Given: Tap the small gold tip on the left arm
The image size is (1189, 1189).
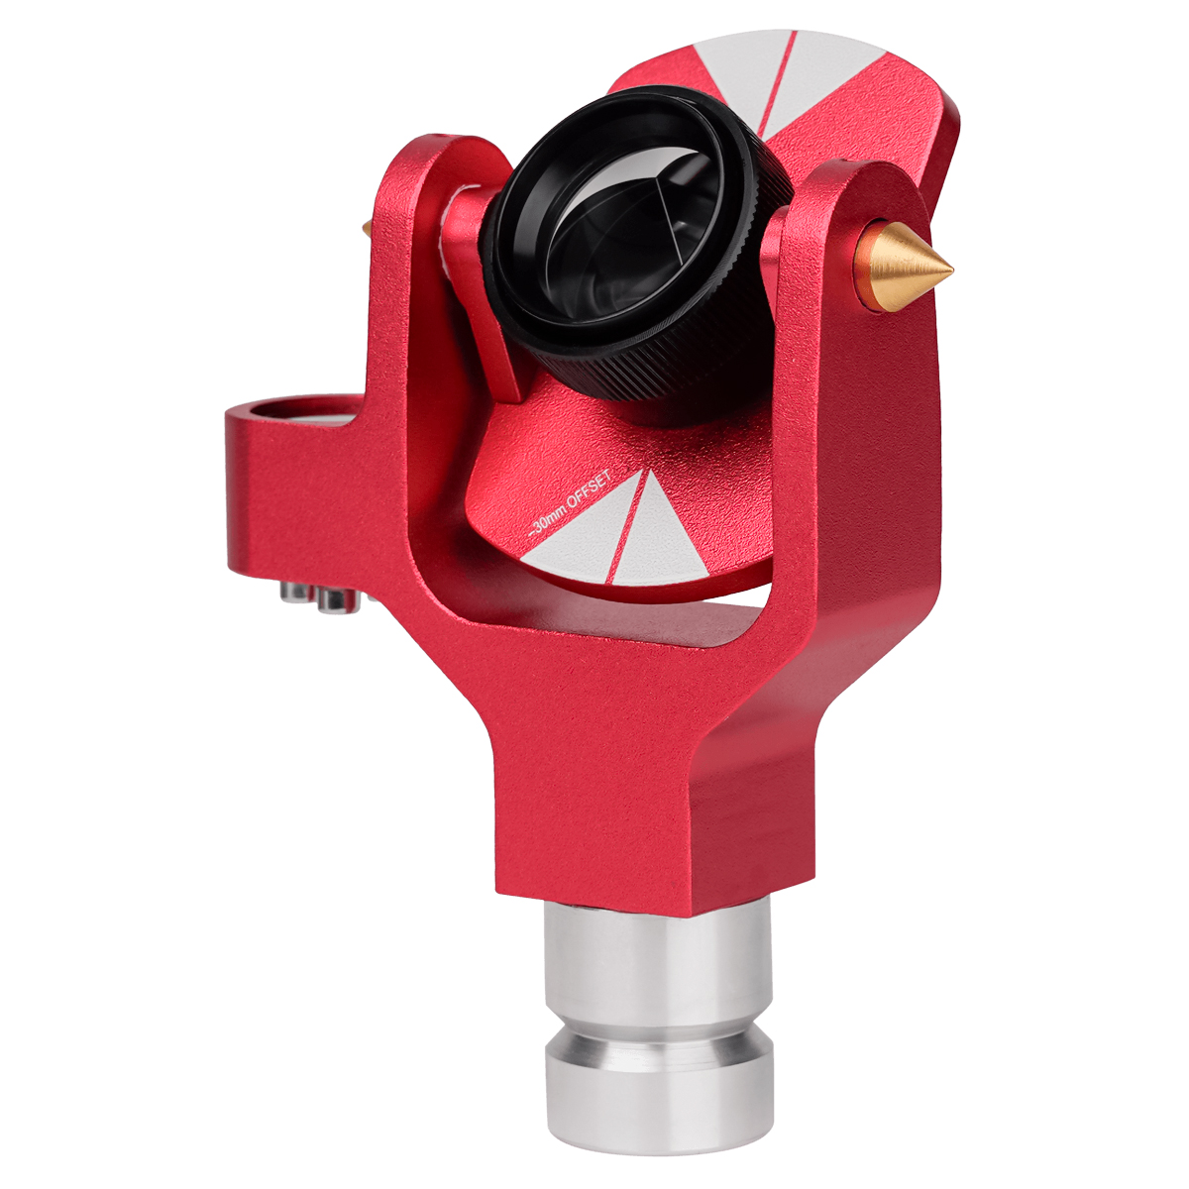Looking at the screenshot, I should tap(368, 227).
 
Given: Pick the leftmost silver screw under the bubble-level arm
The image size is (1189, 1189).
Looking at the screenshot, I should tap(293, 592).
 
